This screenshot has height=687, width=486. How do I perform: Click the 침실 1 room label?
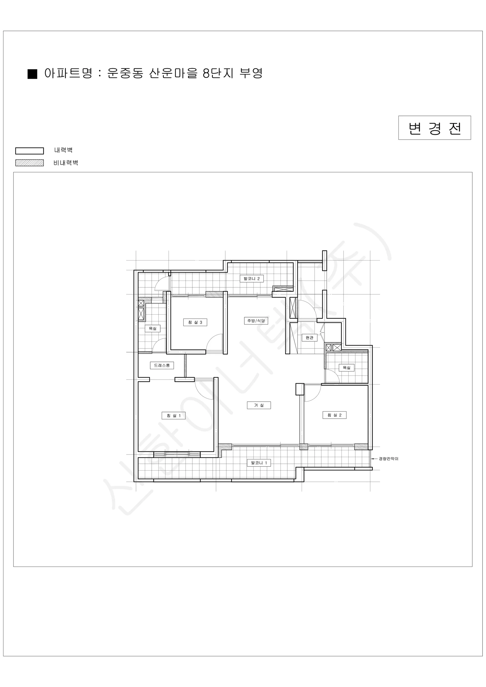point(173,415)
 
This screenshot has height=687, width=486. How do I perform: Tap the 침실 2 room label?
point(335,415)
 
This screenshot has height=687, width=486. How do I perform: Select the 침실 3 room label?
point(195,322)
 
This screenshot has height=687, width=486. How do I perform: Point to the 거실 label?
point(259,405)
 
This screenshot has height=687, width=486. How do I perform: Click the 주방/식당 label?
point(256,321)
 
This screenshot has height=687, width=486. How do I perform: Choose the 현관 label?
point(309,338)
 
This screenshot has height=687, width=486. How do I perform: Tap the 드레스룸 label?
point(162,365)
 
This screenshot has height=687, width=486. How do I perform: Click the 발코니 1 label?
point(259,463)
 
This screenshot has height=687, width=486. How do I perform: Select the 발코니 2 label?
point(252,279)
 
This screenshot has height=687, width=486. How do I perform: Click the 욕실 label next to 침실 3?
point(153,329)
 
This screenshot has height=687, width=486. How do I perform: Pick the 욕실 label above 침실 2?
point(347,368)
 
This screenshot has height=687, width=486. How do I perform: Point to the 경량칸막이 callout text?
point(388,459)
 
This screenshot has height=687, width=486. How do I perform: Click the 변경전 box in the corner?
point(434,128)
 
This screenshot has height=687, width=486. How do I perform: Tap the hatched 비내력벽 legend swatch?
point(30,163)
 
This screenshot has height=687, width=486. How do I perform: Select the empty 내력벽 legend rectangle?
point(30,151)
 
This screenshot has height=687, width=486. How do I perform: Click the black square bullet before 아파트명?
point(32,74)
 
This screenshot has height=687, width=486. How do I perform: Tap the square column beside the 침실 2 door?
point(300,389)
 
